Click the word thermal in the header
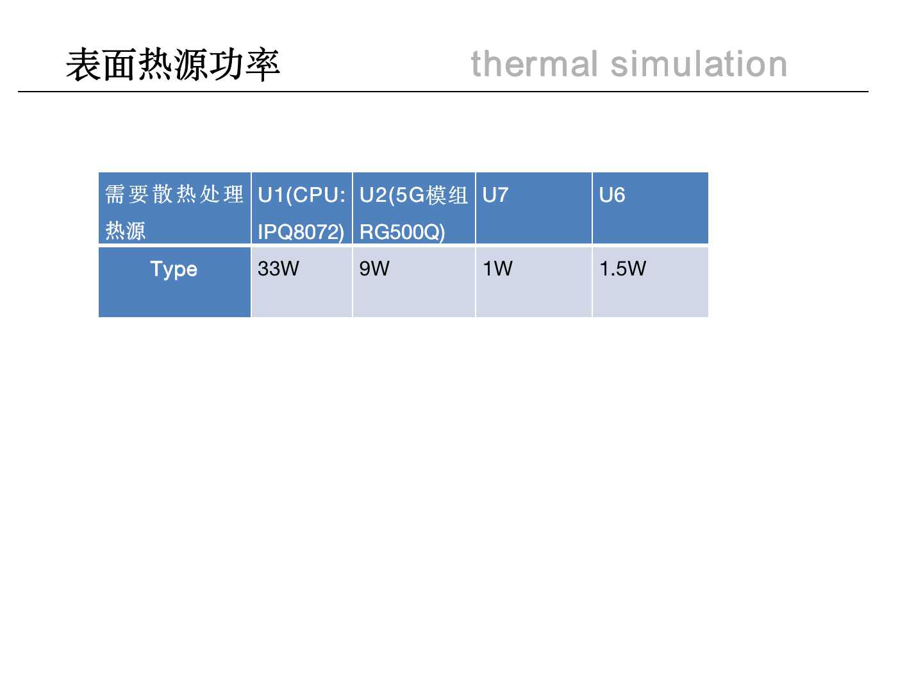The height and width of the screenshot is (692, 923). (x=535, y=64)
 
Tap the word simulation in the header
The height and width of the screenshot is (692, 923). (x=699, y=64)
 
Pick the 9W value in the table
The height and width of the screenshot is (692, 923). (x=374, y=268)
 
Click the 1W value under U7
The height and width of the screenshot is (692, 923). (x=497, y=268)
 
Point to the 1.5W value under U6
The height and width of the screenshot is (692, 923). (x=623, y=268)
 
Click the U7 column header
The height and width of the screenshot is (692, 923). (x=495, y=195)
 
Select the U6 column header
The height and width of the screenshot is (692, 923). (x=612, y=195)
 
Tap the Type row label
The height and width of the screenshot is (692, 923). (x=174, y=269)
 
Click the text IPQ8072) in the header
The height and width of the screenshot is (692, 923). (x=301, y=232)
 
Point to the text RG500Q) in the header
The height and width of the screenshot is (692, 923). (x=402, y=232)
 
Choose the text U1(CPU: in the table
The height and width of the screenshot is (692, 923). (x=302, y=195)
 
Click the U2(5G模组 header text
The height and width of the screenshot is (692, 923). (x=414, y=195)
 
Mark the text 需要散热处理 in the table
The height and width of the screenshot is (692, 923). (x=174, y=194)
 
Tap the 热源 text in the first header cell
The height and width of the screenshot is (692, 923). (x=125, y=231)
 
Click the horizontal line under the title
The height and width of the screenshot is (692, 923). (x=443, y=91)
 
